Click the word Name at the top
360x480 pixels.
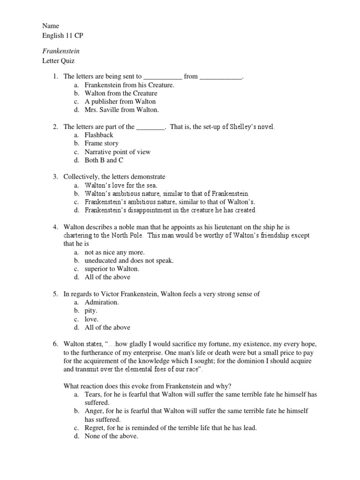[50, 27]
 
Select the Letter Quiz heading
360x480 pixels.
[59, 61]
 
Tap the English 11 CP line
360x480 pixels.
[63, 36]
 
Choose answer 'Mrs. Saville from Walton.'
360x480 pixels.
[121, 110]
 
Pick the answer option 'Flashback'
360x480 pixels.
[99, 135]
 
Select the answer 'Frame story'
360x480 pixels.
[101, 143]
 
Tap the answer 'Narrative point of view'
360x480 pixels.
[118, 152]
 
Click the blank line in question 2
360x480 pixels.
[150, 127]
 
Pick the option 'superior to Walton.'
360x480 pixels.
[112, 269]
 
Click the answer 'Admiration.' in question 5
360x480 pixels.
[102, 302]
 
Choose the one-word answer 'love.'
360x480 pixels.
[92, 319]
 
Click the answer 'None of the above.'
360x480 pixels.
[111, 436]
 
